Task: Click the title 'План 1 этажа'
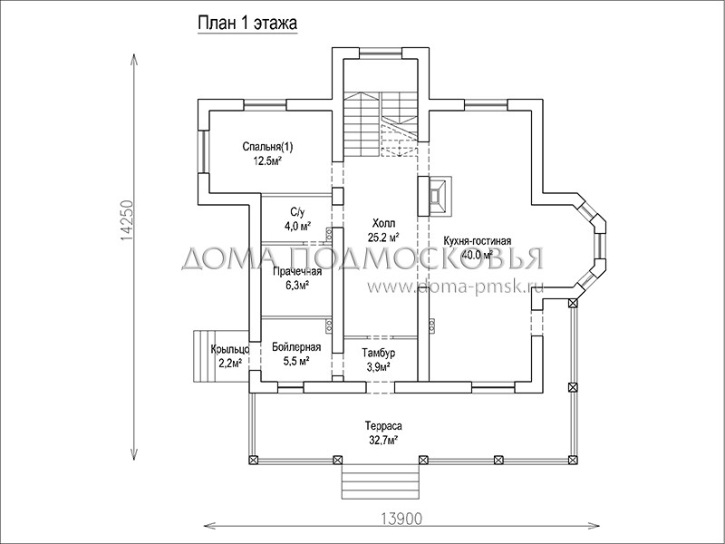(247, 24)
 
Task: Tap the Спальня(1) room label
(267, 147)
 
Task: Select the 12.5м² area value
(267, 161)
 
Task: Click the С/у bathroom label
(298, 212)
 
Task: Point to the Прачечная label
(297, 271)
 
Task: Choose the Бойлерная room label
(296, 347)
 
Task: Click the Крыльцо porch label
(230, 349)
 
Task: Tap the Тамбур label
(378, 354)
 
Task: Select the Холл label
(383, 224)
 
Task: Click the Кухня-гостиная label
(478, 241)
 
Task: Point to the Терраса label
(383, 425)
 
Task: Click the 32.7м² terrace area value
(383, 440)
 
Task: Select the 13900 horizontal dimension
(401, 519)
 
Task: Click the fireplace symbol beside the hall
(435, 196)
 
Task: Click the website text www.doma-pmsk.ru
(456, 287)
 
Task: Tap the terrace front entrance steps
(381, 481)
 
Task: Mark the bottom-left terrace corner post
(253, 460)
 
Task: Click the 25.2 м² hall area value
(383, 238)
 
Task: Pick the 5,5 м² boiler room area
(296, 361)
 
